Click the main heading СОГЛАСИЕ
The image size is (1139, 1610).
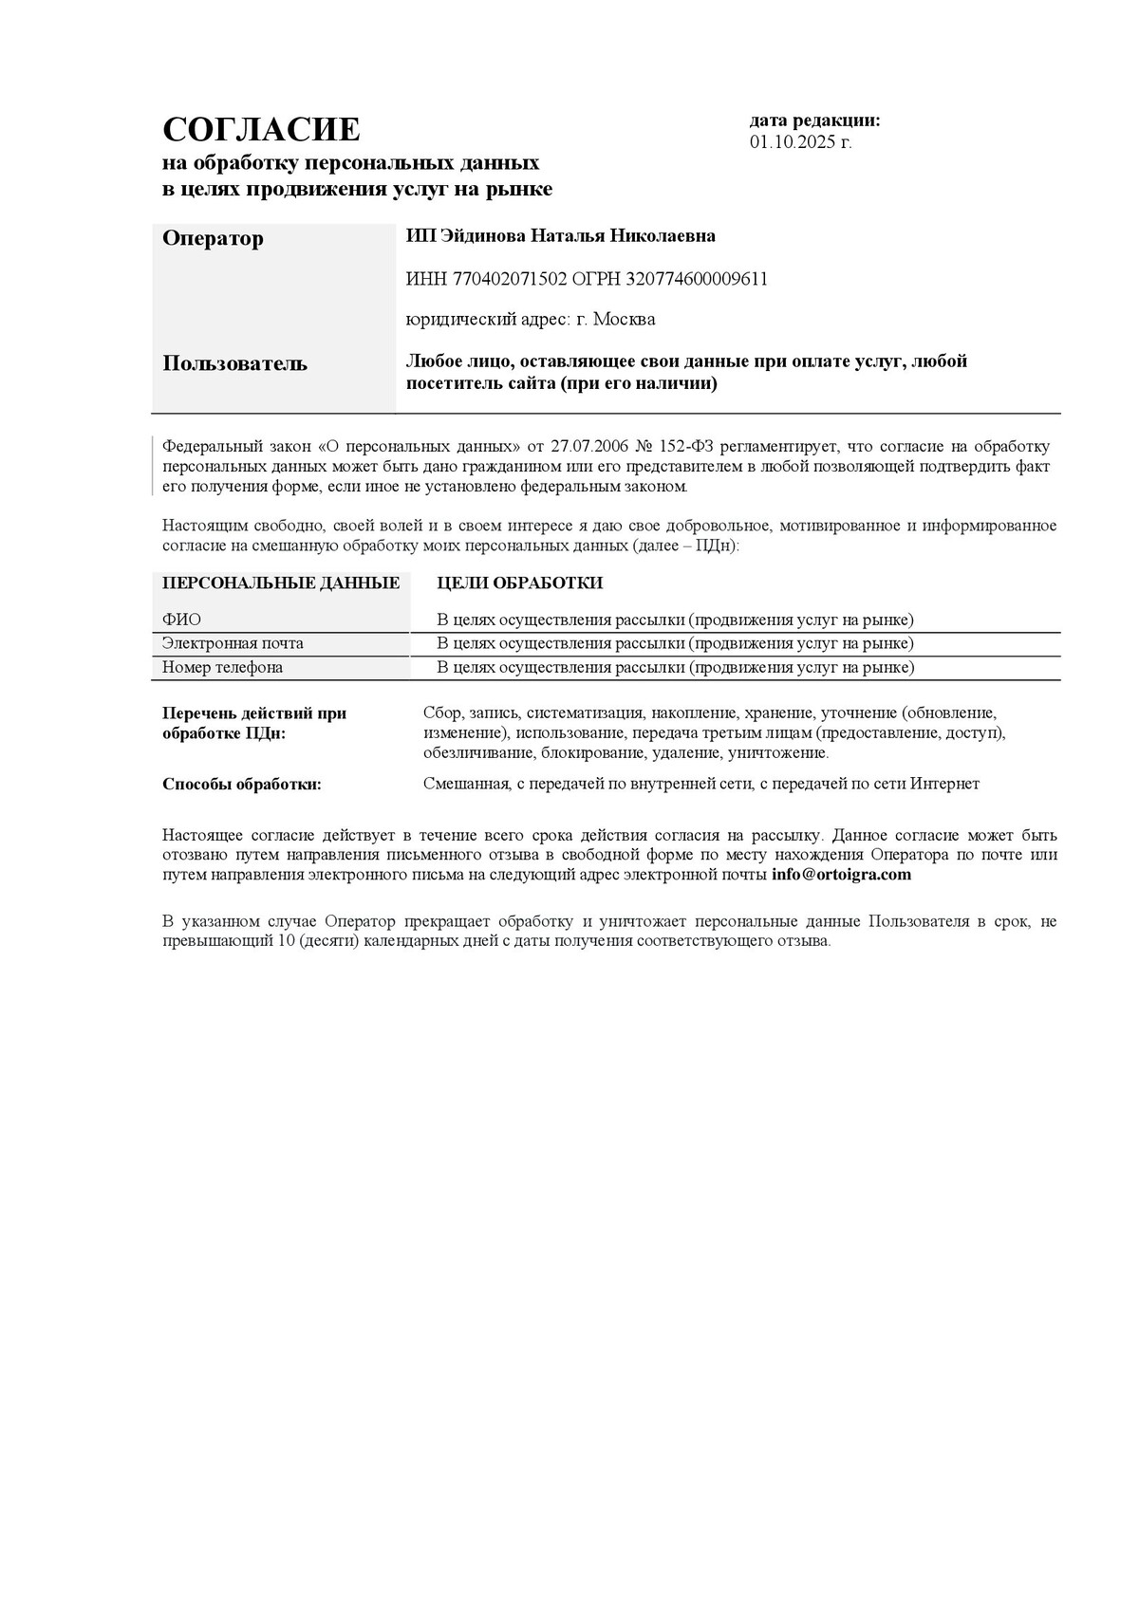point(261,129)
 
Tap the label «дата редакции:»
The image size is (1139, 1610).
point(814,120)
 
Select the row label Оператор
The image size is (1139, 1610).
point(213,238)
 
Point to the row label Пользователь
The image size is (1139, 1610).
point(234,363)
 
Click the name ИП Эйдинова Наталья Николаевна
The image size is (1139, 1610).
point(560,236)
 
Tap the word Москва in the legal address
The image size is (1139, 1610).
point(624,320)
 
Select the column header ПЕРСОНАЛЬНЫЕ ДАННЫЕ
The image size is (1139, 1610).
point(281,583)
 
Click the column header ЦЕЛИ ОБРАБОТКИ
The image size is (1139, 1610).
point(519,583)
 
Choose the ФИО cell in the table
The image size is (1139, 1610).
point(181,620)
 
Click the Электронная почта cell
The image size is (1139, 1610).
point(233,643)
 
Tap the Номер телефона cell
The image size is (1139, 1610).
point(222,667)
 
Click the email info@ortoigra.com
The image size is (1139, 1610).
point(841,875)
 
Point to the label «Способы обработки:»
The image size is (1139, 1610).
point(241,784)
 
